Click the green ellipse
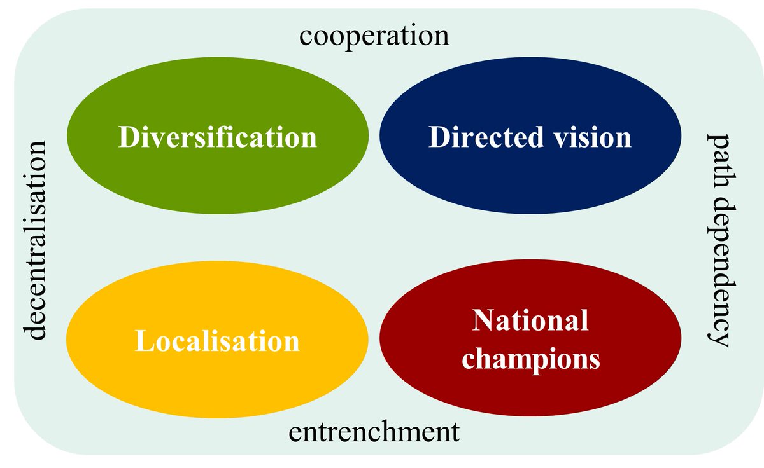tap(216, 95)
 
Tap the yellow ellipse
tap(216, 382)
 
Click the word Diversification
tap(217, 137)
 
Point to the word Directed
tap(481, 137)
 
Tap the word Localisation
tap(217, 341)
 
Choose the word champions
tap(531, 359)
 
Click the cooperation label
tap(374, 36)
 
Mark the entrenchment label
tap(374, 433)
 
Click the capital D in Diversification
tap(128, 137)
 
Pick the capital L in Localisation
tap(143, 341)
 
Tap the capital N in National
tap(481, 321)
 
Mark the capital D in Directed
tap(439, 137)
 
